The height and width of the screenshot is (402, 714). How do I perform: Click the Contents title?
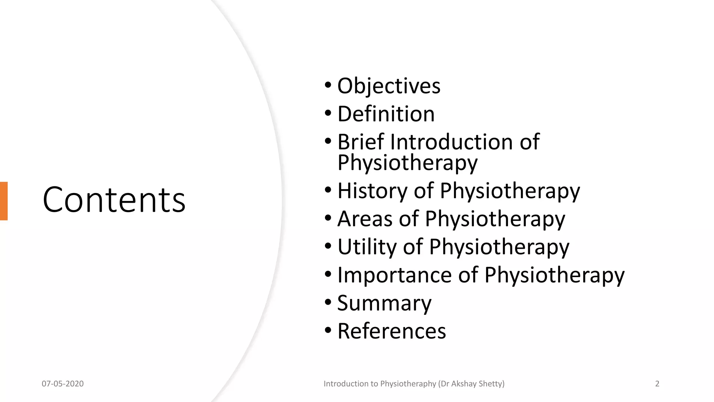pyautogui.click(x=114, y=200)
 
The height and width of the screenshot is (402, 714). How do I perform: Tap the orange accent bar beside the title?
pyautogui.click(x=3, y=201)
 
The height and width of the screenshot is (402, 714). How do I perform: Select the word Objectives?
pyautogui.click(x=389, y=86)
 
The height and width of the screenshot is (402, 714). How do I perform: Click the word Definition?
pyautogui.click(x=386, y=114)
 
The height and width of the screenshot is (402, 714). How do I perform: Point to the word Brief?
pyautogui.click(x=361, y=142)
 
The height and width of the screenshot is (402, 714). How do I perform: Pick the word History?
pyautogui.click(x=372, y=191)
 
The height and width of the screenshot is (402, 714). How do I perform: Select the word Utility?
pyautogui.click(x=367, y=247)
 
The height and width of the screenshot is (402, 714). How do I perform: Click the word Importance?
pyautogui.click(x=395, y=275)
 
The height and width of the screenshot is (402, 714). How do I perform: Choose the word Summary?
pyautogui.click(x=384, y=303)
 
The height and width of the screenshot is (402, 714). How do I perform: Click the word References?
pyautogui.click(x=392, y=331)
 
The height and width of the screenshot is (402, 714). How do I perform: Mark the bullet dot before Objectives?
pyautogui.click(x=328, y=85)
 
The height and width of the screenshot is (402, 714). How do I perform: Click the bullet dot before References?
pyautogui.click(x=328, y=330)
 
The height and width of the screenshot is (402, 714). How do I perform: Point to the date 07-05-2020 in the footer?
pyautogui.click(x=63, y=384)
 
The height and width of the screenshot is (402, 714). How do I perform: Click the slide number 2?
pyautogui.click(x=657, y=384)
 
